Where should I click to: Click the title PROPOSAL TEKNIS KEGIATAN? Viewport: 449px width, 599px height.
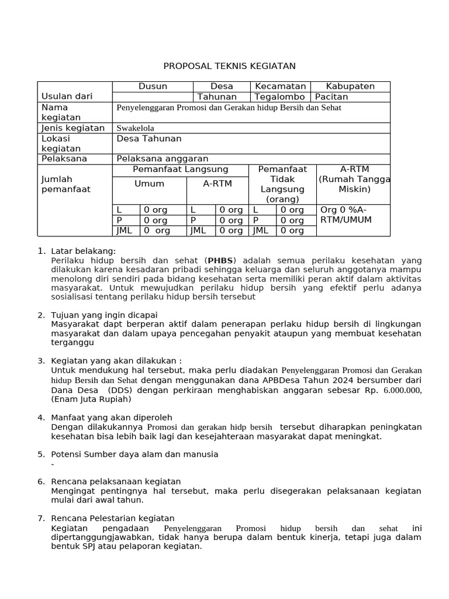(230, 66)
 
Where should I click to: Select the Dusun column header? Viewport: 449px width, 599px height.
(153, 87)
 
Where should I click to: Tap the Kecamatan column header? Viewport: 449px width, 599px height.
(281, 87)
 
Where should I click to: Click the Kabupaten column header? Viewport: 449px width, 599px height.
(350, 87)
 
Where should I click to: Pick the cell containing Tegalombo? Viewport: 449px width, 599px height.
(279, 97)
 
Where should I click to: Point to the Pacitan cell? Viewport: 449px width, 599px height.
(331, 97)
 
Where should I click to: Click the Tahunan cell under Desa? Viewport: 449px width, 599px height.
(217, 97)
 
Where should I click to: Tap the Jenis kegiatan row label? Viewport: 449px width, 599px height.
(73, 128)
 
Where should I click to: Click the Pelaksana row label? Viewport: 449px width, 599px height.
(64, 159)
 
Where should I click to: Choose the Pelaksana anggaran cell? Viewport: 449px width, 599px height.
(163, 159)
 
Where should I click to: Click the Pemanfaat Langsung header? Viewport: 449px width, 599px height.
(181, 170)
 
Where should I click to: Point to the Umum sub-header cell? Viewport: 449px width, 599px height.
(149, 184)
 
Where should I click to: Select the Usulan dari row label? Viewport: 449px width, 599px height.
(67, 97)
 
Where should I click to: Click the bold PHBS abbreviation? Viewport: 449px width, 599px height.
(220, 260)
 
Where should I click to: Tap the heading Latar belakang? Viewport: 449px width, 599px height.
(84, 251)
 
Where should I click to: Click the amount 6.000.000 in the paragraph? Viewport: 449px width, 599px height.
(402, 390)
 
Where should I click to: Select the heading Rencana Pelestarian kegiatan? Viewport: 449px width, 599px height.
(113, 518)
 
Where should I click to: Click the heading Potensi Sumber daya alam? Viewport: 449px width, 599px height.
(134, 454)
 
